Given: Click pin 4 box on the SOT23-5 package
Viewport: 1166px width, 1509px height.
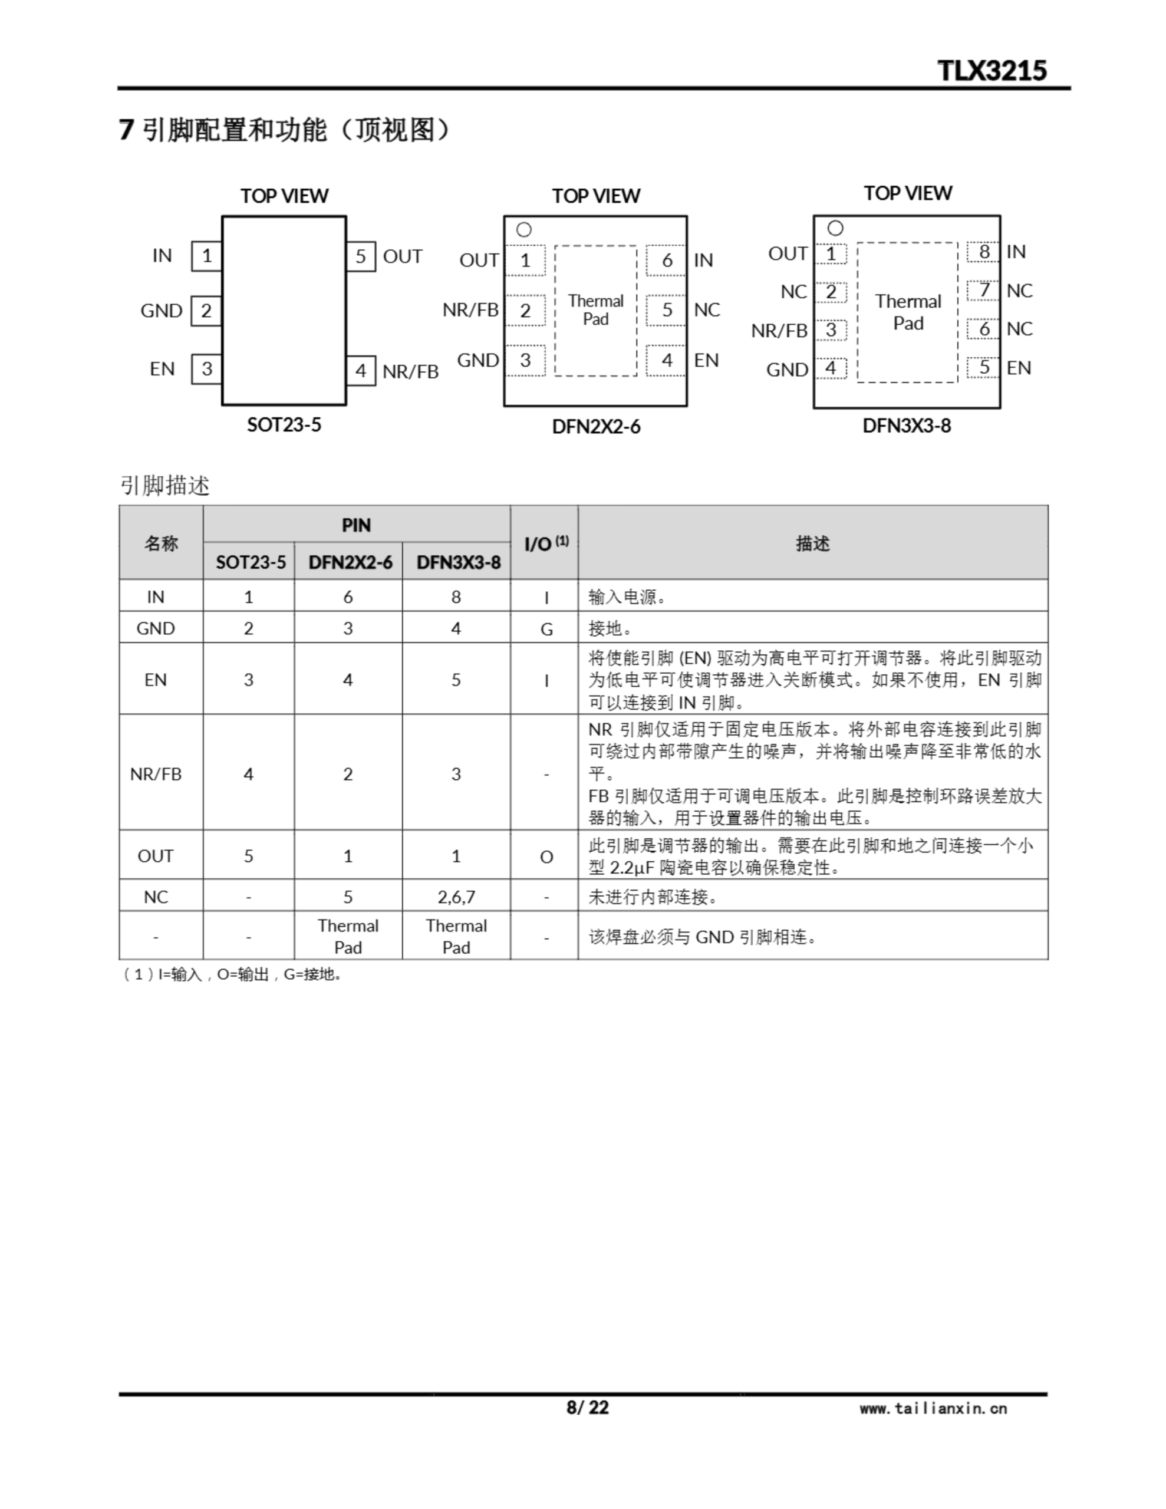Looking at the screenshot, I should [x=360, y=371].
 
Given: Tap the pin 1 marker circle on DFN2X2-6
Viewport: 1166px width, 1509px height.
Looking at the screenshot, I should [x=524, y=229].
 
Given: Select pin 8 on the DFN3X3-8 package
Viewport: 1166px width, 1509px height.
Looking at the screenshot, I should [x=983, y=252].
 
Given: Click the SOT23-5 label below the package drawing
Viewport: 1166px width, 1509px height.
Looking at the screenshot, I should [x=284, y=424].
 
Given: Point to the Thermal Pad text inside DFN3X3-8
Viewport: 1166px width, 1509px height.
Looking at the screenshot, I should [x=907, y=312].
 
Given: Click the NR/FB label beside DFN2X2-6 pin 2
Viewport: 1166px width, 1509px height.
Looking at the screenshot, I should [x=470, y=309].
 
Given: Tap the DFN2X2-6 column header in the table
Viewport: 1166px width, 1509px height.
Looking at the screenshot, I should [x=350, y=562].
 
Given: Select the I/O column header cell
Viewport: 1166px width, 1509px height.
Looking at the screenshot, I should [x=545, y=543].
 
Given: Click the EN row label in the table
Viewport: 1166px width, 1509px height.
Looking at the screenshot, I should [x=156, y=680].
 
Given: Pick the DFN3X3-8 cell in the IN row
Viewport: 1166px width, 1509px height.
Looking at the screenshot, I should [x=456, y=597].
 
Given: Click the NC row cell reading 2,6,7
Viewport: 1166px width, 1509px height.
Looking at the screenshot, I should [x=456, y=897].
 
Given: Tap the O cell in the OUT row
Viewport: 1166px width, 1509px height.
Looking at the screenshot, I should [x=545, y=856].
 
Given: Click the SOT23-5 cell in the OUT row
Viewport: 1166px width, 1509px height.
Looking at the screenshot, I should [x=248, y=856].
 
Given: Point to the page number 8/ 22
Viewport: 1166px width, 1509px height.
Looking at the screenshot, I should [x=588, y=1408].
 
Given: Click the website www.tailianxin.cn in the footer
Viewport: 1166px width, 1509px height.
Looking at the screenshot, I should [x=933, y=1408].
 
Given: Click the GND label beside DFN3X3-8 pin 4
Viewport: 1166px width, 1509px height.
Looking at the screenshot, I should [x=786, y=370].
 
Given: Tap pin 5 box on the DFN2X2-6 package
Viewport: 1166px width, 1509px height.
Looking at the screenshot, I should [x=666, y=310].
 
